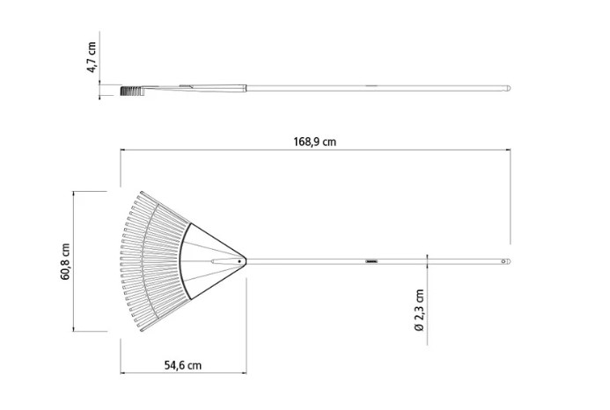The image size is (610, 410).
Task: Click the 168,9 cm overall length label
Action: (314, 142)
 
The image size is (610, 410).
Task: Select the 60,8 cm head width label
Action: (65, 261)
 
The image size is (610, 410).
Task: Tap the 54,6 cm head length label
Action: (183, 366)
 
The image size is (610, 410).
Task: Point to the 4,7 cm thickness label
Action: (92, 57)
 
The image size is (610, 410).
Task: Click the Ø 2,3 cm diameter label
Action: (419, 310)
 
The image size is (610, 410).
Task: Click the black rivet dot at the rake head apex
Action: (239, 261)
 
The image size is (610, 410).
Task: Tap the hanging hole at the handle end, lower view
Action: (503, 261)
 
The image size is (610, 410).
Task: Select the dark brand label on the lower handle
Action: (371, 261)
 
